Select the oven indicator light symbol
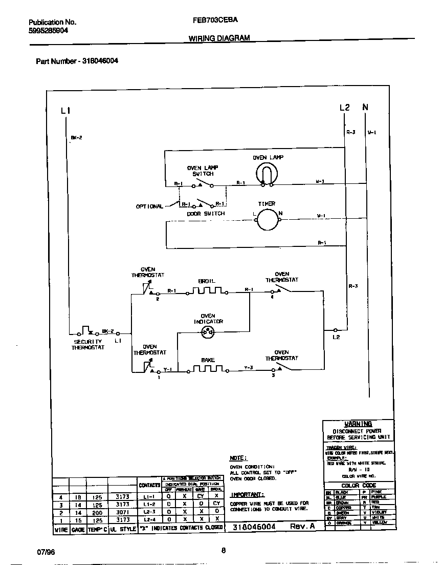click(x=208, y=331)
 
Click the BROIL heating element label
click(x=207, y=281)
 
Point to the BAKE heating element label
click(x=208, y=360)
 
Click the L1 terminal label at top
click(x=65, y=110)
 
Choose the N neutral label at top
click(x=365, y=107)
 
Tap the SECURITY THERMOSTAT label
click(x=88, y=344)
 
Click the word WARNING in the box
click(x=358, y=424)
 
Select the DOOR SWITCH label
click(x=206, y=214)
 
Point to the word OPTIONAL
click(x=149, y=206)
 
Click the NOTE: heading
click(x=238, y=457)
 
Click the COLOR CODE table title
click(x=359, y=485)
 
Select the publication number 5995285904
click(x=49, y=30)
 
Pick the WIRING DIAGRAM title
click(x=219, y=38)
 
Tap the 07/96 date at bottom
click(x=45, y=553)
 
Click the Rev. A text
click(x=303, y=527)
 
